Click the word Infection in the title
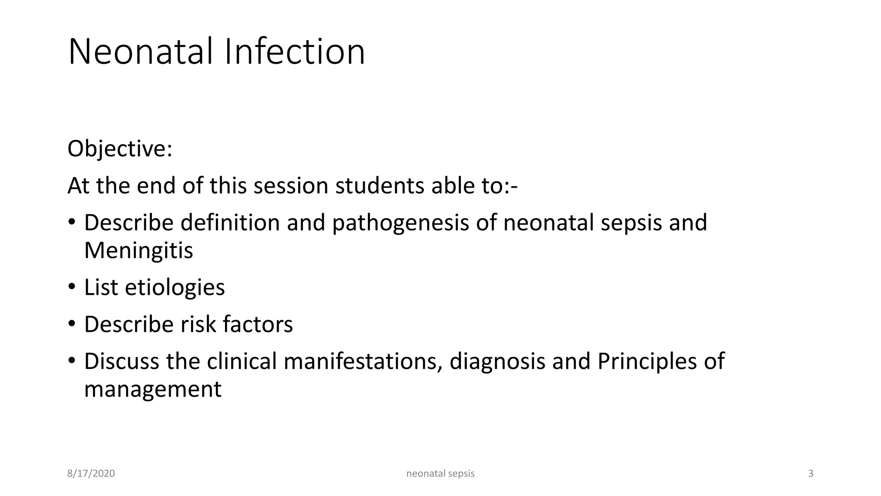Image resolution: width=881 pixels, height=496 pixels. tap(295, 52)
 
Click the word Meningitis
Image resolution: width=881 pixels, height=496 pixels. tap(139, 251)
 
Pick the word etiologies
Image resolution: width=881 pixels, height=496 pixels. tap(175, 288)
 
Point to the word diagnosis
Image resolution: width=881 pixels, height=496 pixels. tap(497, 362)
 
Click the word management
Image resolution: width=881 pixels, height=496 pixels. tap(153, 389)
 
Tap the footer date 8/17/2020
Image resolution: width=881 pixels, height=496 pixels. tap(91, 474)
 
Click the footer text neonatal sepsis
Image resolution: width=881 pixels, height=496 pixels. tap(440, 474)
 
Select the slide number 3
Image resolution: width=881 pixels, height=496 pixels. tap(810, 474)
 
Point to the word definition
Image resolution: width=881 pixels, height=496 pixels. tap(230, 223)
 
